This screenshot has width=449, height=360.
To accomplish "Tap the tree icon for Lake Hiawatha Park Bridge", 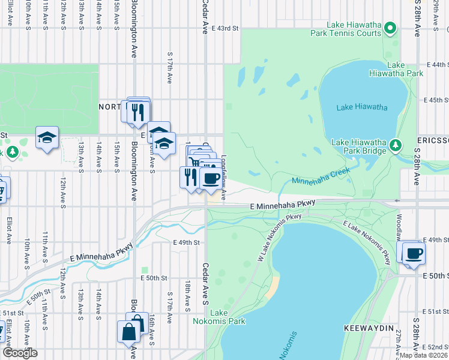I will [x=395, y=145].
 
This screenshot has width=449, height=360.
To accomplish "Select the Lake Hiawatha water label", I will [x=361, y=107].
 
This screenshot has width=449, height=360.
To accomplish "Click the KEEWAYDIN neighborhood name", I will [x=369, y=329].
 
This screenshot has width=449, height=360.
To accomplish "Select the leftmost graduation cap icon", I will [x=47, y=137].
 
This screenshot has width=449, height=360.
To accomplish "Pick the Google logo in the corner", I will [x=19, y=353].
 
